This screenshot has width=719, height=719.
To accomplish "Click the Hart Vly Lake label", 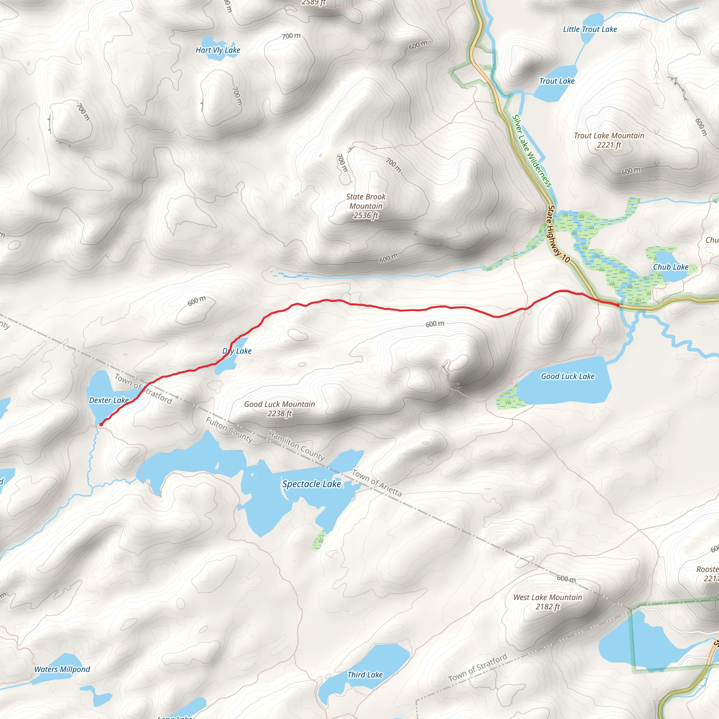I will coord(218,50).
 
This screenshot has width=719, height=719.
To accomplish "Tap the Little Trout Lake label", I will coord(589,29).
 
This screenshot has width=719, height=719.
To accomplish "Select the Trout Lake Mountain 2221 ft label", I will coord(609,140).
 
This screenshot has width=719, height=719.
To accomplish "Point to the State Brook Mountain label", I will coord(365,206).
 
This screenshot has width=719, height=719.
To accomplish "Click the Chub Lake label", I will coord(671,267).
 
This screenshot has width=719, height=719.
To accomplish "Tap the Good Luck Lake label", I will coord(568,376).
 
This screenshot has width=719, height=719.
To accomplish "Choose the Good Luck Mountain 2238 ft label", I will coord(279,409).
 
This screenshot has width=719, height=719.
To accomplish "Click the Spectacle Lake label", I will coord(311,484).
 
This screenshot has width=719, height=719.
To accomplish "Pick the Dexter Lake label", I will coord(109,401).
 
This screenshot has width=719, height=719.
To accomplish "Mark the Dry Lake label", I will coord(237,351).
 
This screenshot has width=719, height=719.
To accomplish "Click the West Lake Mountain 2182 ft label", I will coord(547,602).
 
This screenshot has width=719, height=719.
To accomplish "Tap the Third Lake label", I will coord(365,675).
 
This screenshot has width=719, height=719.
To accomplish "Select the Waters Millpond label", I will coord(62,669).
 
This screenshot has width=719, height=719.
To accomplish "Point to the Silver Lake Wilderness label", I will coord(532,151).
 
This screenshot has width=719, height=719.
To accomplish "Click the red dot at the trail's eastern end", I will coord(618,305).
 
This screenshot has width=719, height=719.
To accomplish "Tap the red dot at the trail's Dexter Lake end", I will coord(101,424).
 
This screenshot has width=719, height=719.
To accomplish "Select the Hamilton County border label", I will coord(296,446).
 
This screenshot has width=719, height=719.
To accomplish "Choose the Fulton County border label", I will coord(229,430).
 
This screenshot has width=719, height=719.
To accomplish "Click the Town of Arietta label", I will coord(377,483).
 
